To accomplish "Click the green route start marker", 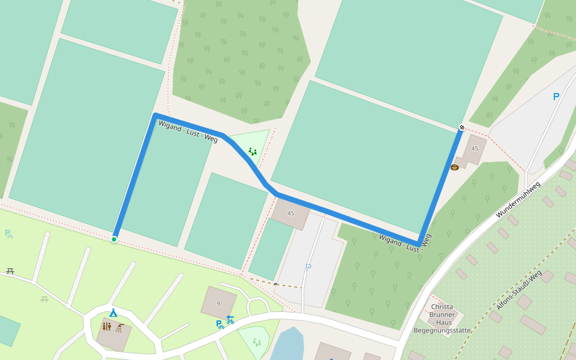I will coord(114,239).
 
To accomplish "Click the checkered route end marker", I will coord(461,127).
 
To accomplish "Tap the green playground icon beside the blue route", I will coord(253,151).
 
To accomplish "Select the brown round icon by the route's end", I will coord(455,167).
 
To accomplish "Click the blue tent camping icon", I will coord(113,313).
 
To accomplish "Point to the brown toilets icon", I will coord(106,326).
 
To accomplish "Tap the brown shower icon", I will coord(121,328).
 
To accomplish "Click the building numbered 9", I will coord(218,303).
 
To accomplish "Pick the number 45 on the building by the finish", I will coord(475,148).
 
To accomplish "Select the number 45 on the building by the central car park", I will coord(291,213).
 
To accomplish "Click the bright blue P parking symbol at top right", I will coord(556,97).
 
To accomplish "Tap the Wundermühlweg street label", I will coord(518,199).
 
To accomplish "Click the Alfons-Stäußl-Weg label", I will coord(518,290).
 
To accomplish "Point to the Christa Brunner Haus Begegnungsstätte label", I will coord(443,319).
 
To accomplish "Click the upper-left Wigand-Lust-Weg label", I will coord(187,131).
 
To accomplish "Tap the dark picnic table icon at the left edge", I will coord(10,271).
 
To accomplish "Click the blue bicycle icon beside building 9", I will coord(230,320).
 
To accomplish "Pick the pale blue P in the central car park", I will coord(308,268).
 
